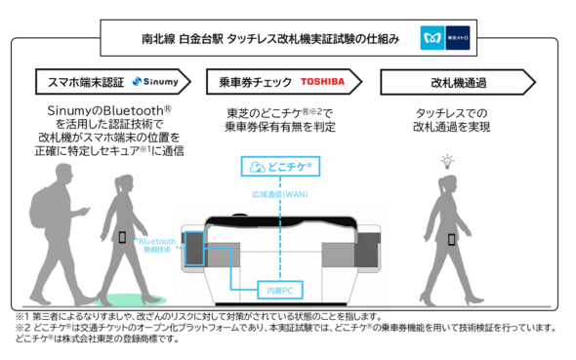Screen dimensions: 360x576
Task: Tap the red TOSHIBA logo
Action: [x=323, y=81]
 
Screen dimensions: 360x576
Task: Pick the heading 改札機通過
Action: [x=452, y=81]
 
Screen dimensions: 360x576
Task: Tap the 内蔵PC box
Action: [x=280, y=290]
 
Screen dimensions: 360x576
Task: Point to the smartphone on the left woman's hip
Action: [x=121, y=236]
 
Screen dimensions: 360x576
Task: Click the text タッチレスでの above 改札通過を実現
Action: [x=451, y=113]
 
